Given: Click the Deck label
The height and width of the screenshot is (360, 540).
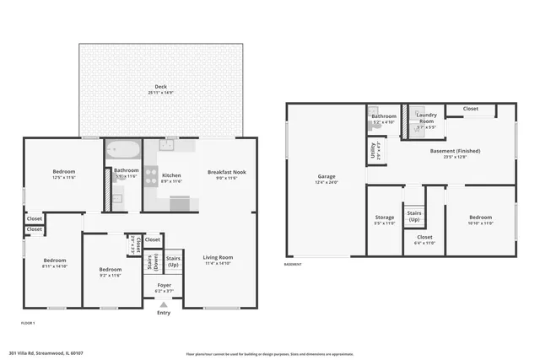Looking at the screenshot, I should point(160,89).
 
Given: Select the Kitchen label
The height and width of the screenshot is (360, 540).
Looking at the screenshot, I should point(171,175).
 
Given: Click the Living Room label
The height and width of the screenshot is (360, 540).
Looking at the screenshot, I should point(219,261).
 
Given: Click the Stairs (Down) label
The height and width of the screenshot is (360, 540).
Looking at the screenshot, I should point(149,263).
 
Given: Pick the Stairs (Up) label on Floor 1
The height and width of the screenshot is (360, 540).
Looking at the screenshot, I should point(173,261).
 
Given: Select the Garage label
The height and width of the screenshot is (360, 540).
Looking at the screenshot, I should point(326,180).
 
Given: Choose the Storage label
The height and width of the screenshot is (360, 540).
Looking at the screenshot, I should point(385,220).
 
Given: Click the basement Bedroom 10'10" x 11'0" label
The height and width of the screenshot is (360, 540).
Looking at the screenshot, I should point(480,220).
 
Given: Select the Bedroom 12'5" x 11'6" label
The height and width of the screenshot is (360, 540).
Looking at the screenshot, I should point(64,175).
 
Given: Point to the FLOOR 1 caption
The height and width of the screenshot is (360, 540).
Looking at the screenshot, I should point(29,323).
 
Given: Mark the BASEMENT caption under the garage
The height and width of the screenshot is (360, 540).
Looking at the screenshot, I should point(294,264).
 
